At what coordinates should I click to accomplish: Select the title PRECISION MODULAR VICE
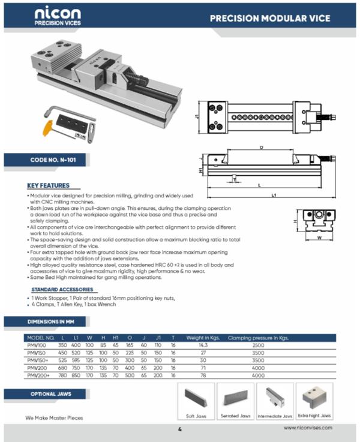point(269,19)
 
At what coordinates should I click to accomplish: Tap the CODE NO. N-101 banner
point(50,160)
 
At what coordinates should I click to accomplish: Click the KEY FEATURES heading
point(49,185)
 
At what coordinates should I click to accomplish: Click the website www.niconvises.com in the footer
point(308,428)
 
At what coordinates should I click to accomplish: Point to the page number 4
point(179,429)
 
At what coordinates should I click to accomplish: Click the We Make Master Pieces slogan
point(54,417)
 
